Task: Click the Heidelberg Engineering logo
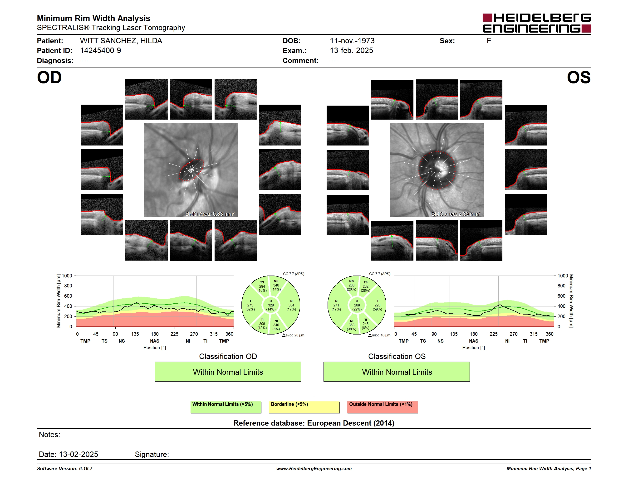[537, 23]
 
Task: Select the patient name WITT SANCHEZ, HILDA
[121, 41]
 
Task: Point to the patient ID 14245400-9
[100, 51]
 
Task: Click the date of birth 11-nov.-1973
[352, 41]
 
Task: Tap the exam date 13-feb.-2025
[351, 51]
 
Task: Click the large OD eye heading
[49, 78]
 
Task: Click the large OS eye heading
[579, 78]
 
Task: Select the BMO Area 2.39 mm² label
[456, 214]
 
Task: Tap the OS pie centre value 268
[357, 305]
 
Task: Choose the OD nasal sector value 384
[291, 305]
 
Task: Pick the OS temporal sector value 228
[377, 305]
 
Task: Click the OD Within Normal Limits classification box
[228, 372]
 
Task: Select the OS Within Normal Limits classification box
[397, 372]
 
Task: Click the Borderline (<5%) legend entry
[304, 407]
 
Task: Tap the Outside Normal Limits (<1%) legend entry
[383, 407]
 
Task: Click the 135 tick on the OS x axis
[454, 334]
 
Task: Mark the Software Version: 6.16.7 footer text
[65, 469]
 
